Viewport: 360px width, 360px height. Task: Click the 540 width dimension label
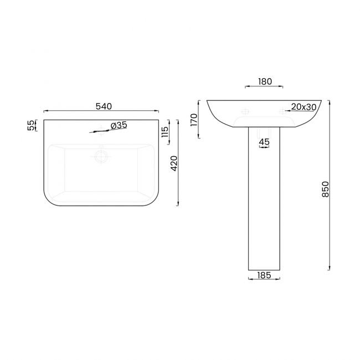[x=104, y=106]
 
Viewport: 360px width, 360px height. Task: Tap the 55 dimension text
[x=30, y=126]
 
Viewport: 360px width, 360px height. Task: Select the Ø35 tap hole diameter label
[x=119, y=126]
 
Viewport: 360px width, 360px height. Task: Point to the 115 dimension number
[x=164, y=133]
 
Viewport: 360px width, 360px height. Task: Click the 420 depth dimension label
[x=173, y=163]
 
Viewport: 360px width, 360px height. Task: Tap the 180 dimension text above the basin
[x=265, y=81]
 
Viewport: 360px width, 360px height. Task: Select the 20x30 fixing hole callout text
[x=304, y=106]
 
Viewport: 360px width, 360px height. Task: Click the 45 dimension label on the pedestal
[x=264, y=142]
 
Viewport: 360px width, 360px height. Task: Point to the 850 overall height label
[x=325, y=189]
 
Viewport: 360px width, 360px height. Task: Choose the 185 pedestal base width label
[x=264, y=275]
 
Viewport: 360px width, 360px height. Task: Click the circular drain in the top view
[x=102, y=157]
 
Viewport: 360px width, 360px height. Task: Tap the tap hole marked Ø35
[x=101, y=132]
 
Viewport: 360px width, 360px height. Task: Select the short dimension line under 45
[x=264, y=148]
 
